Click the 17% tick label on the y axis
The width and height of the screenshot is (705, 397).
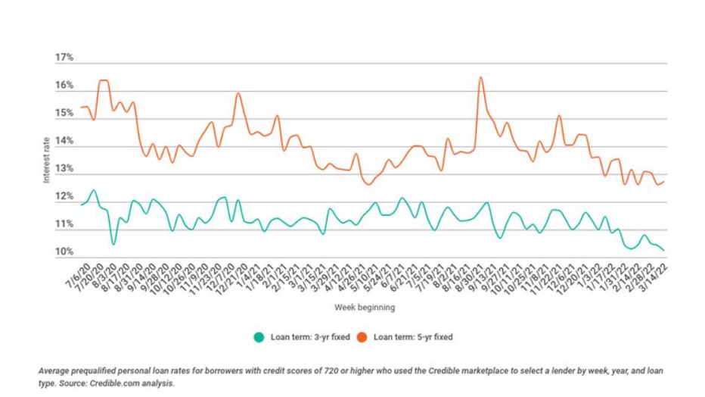[63, 58]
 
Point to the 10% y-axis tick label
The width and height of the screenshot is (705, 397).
[63, 252]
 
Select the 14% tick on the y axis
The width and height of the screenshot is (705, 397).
[63, 141]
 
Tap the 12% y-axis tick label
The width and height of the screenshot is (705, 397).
[63, 197]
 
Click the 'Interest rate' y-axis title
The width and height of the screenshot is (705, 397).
[46, 155]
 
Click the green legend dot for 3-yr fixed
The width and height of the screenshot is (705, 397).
[259, 336]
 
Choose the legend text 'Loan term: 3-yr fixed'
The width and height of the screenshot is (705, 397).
[309, 336]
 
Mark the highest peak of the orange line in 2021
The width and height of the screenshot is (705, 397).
[480, 77]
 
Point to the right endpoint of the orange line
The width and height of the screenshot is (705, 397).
[663, 182]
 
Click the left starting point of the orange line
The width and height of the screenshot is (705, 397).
[80, 108]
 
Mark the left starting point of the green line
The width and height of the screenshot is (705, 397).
[80, 205]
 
